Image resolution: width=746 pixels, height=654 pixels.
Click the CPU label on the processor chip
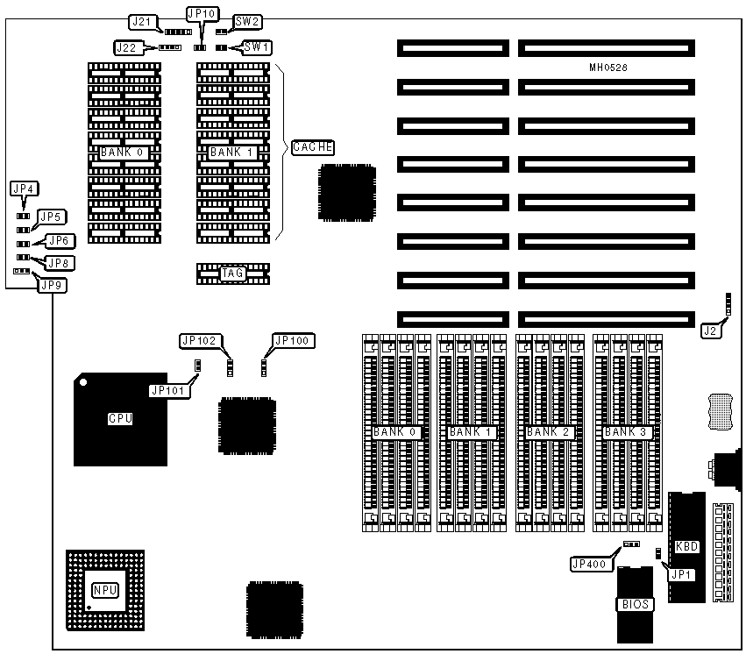click(120, 418)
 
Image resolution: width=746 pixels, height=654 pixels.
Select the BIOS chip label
click(634, 603)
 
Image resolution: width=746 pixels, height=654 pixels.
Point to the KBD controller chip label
click(686, 546)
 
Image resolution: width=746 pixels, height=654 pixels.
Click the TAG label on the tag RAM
click(232, 274)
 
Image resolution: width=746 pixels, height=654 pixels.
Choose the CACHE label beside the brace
click(312, 147)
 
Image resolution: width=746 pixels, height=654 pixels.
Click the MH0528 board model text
click(607, 68)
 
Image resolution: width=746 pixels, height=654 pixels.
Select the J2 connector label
click(711, 331)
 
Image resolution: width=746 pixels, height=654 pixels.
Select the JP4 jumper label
click(24, 188)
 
